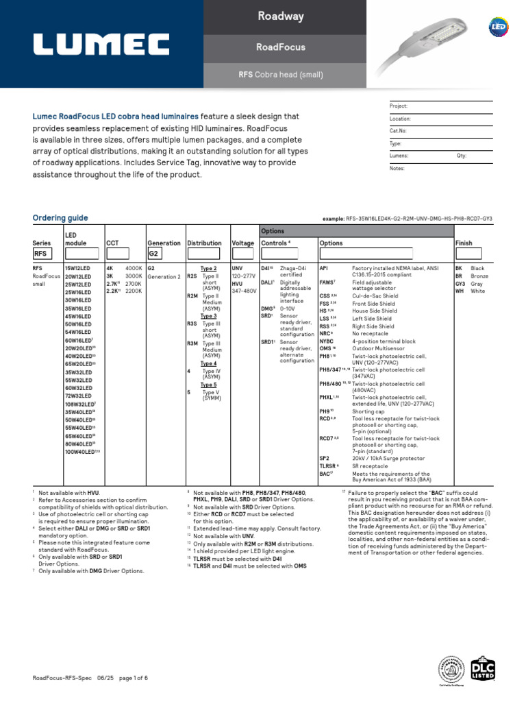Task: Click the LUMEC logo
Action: click(101, 45)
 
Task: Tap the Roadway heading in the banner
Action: click(280, 16)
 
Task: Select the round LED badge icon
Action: click(499, 27)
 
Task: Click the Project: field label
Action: click(399, 106)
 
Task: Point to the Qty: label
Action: click(462, 156)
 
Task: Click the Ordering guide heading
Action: click(60, 218)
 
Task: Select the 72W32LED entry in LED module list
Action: click(79, 396)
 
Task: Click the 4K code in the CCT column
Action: click(110, 268)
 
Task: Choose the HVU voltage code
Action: click(238, 283)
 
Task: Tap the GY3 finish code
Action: click(461, 283)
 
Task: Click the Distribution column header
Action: click(204, 243)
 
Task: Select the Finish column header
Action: click(464, 243)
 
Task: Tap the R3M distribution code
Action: click(192, 343)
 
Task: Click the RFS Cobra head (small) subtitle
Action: click(280, 75)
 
